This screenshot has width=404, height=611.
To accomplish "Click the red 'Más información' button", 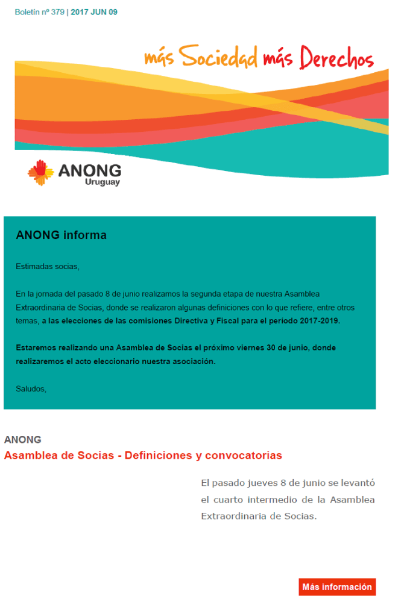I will (x=337, y=587).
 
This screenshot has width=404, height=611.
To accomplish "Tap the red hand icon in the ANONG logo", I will (x=41, y=172).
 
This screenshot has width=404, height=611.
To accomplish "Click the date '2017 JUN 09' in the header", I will (x=94, y=12).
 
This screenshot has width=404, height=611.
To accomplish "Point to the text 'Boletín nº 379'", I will (x=39, y=12).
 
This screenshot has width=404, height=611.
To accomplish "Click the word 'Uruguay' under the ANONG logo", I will (x=103, y=182).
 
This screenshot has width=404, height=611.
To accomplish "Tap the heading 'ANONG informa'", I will (x=61, y=235).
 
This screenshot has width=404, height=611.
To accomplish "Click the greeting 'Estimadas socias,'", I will (x=48, y=265).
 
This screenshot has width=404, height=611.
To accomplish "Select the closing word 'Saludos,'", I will (x=31, y=389).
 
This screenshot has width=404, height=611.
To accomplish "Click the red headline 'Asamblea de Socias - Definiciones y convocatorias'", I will (x=143, y=456).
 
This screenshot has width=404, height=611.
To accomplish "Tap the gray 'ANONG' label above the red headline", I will (x=22, y=439).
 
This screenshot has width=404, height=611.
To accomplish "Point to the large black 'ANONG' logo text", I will (x=90, y=170).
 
